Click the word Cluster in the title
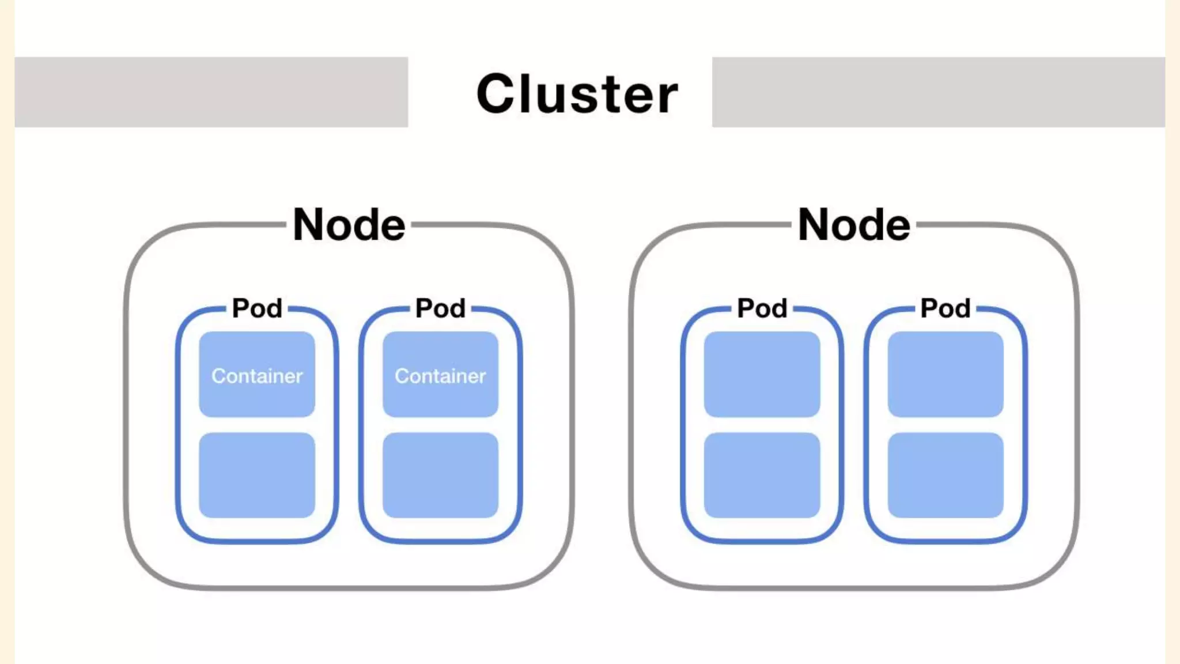pyautogui.click(x=577, y=94)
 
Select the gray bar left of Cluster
pyautogui.click(x=211, y=92)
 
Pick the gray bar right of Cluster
pyautogui.click(x=939, y=92)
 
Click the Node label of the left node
pyautogui.click(x=349, y=224)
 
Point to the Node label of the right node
pyautogui.click(x=854, y=224)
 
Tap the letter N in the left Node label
pyautogui.click(x=308, y=224)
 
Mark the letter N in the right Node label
pyautogui.click(x=814, y=224)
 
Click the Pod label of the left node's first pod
pyautogui.click(x=257, y=308)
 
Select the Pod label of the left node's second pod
pyautogui.click(x=441, y=308)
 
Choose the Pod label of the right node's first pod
pyautogui.click(x=762, y=308)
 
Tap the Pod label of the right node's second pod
pyautogui.click(x=945, y=308)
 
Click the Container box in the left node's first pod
pyautogui.click(x=257, y=374)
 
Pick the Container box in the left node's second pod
pyautogui.click(x=441, y=374)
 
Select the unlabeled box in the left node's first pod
pyautogui.click(x=257, y=475)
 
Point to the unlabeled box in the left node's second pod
pyautogui.click(x=441, y=475)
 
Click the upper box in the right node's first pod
pyautogui.click(x=762, y=374)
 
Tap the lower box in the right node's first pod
pyautogui.click(x=762, y=475)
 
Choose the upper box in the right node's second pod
pyautogui.click(x=945, y=374)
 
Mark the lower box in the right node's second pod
pyautogui.click(x=945, y=475)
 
